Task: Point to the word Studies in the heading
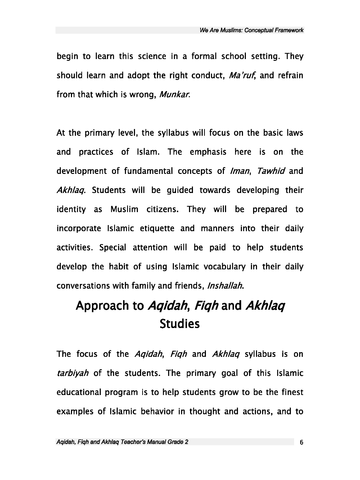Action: click(179, 324)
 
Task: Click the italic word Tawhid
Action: click(271, 171)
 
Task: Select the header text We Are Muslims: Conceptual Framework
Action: click(251, 30)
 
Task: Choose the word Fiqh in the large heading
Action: click(206, 305)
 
